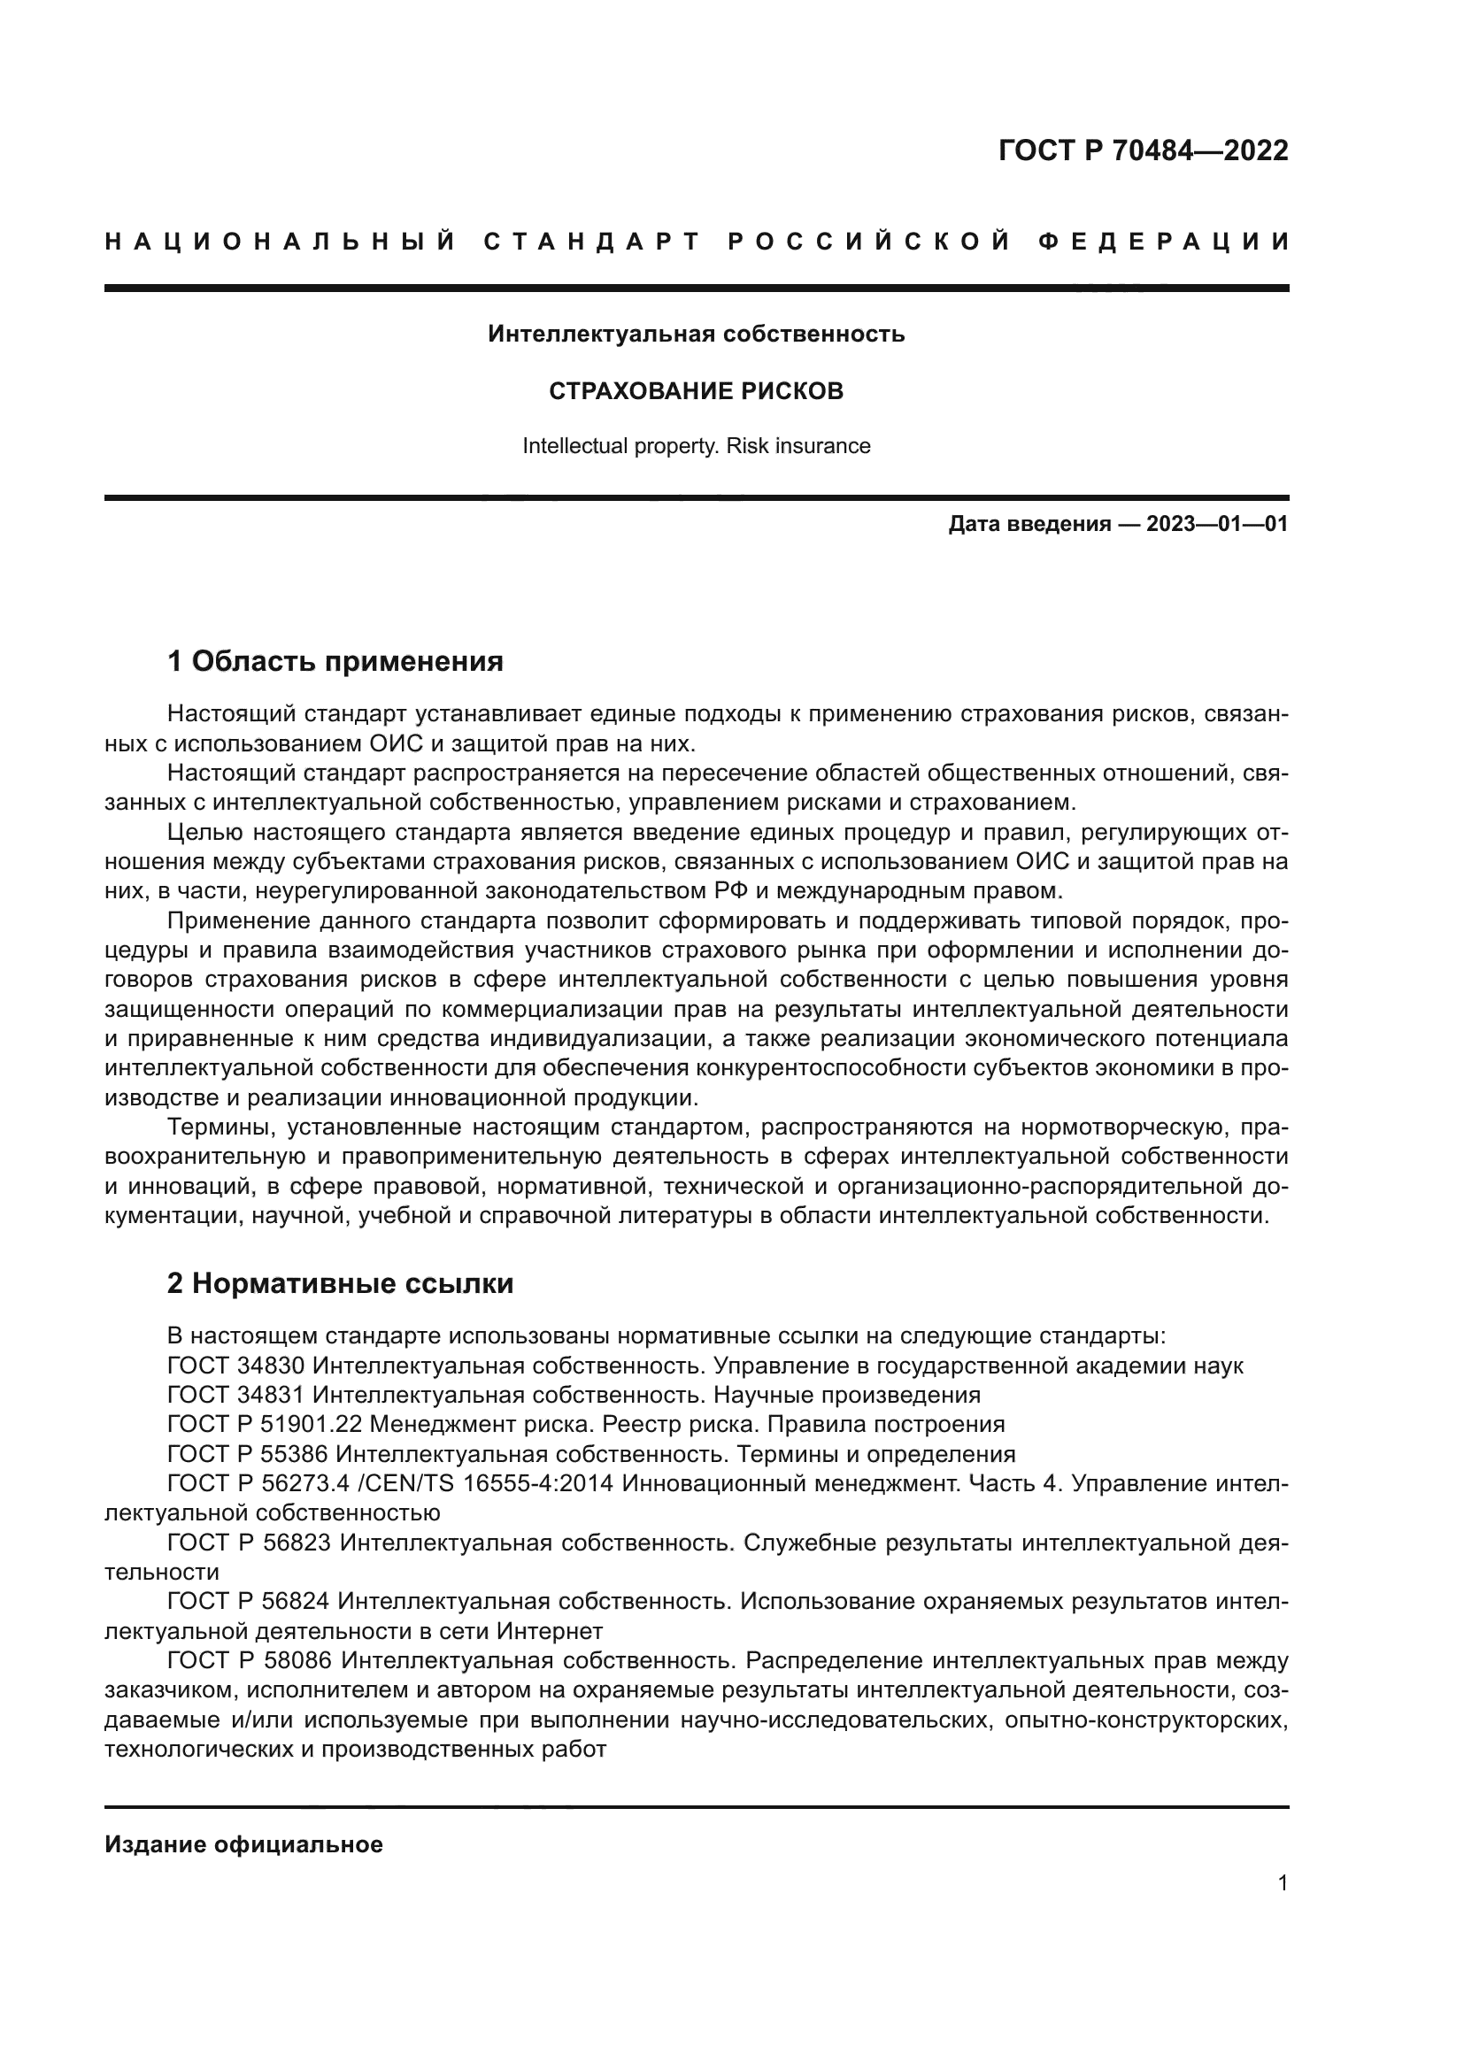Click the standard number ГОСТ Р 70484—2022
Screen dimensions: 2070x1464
pos(1143,150)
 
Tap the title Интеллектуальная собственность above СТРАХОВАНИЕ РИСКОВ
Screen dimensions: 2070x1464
pos(696,335)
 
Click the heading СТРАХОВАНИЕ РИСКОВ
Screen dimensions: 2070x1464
pos(696,391)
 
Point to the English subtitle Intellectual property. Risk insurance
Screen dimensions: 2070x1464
pos(696,446)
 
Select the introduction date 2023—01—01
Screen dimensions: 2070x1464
pos(1217,525)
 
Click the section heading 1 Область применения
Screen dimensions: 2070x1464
pos(335,662)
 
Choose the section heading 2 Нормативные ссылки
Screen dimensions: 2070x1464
pos(340,1284)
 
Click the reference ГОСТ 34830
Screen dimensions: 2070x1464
pos(236,1366)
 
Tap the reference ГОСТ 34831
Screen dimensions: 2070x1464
pos(236,1396)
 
